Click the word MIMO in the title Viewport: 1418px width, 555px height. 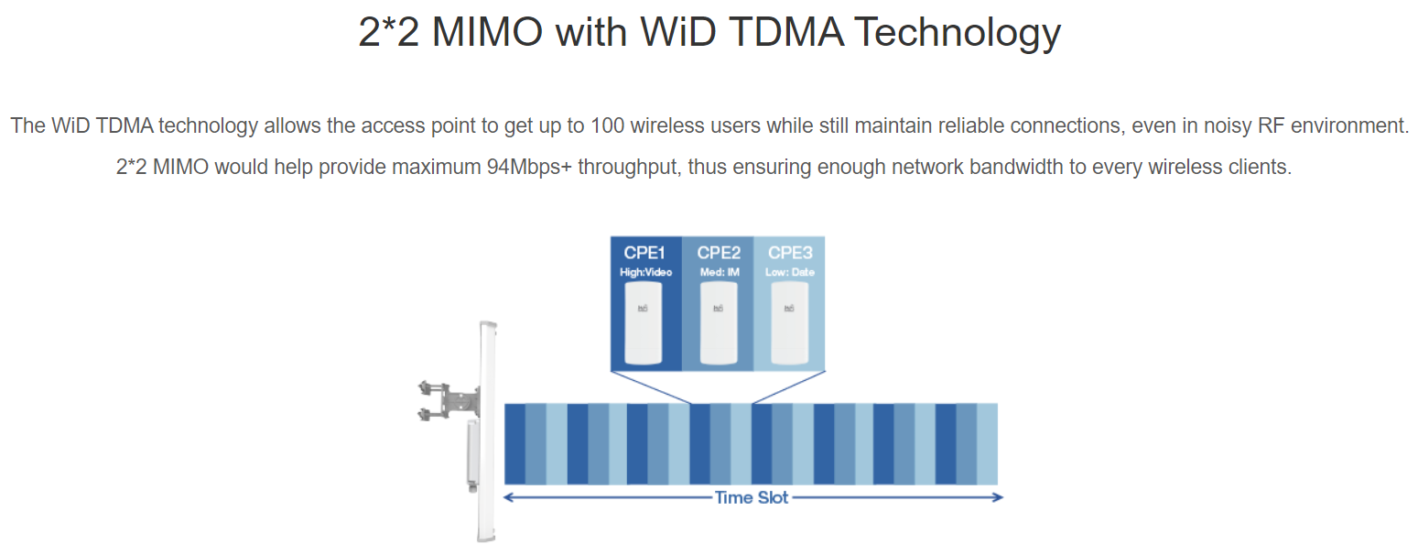pyautogui.click(x=487, y=32)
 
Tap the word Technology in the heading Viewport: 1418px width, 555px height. pyautogui.click(x=957, y=33)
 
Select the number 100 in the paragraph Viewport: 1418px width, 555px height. pyautogui.click(x=607, y=125)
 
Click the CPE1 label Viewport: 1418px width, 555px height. pyautogui.click(x=644, y=253)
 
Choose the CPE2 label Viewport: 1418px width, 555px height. pyautogui.click(x=719, y=253)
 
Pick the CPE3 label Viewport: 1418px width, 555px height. pyautogui.click(x=790, y=253)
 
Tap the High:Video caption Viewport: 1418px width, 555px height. pyautogui.click(x=645, y=272)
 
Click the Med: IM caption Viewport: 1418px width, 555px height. pyautogui.click(x=720, y=272)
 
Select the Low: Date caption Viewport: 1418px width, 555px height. pyautogui.click(x=790, y=272)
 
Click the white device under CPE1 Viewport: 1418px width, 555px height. pyautogui.click(x=644, y=323)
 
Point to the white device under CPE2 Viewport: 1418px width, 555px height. pyautogui.click(x=719, y=323)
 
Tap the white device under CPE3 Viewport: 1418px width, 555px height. pyautogui.click(x=789, y=323)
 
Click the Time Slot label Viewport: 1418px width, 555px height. pyautogui.click(x=752, y=497)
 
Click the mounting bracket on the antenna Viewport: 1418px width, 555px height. pyautogui.click(x=449, y=400)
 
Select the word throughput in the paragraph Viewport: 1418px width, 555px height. pyautogui.click(x=629, y=168)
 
